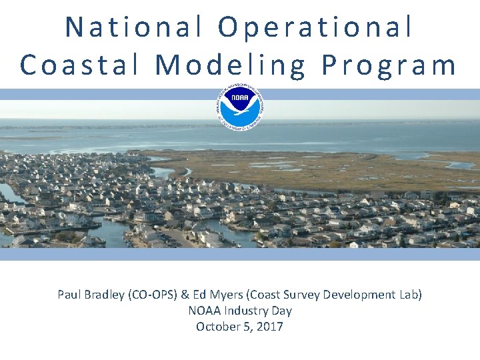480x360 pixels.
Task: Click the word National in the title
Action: coord(134,27)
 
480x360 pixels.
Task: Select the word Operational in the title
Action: coord(315,27)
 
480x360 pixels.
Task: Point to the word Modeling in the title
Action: coord(231,65)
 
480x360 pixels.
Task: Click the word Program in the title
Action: coord(390,65)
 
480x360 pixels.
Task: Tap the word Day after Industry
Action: coord(281,311)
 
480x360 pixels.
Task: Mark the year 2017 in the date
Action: coord(270,327)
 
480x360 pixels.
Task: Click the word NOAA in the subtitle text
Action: coord(203,311)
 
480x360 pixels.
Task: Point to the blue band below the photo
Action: coord(240,254)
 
